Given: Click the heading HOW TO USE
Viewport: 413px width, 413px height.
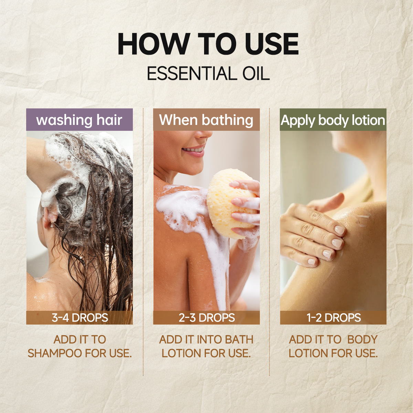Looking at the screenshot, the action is click(208, 44).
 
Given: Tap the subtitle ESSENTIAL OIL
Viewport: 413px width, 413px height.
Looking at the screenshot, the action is click(208, 74).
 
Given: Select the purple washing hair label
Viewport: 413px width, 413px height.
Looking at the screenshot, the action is click(80, 119).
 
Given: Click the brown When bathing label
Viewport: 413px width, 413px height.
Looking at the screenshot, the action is click(206, 119).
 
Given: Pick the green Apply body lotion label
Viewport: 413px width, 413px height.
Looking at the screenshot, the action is click(333, 119).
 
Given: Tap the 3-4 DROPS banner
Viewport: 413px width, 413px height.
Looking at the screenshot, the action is click(80, 317).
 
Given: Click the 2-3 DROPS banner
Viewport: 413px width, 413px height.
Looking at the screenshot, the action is click(206, 317).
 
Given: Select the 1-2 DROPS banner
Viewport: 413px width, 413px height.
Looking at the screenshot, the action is click(333, 317).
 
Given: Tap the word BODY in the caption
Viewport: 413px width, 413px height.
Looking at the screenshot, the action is click(362, 339).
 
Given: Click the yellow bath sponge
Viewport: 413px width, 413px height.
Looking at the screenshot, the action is click(232, 204).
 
